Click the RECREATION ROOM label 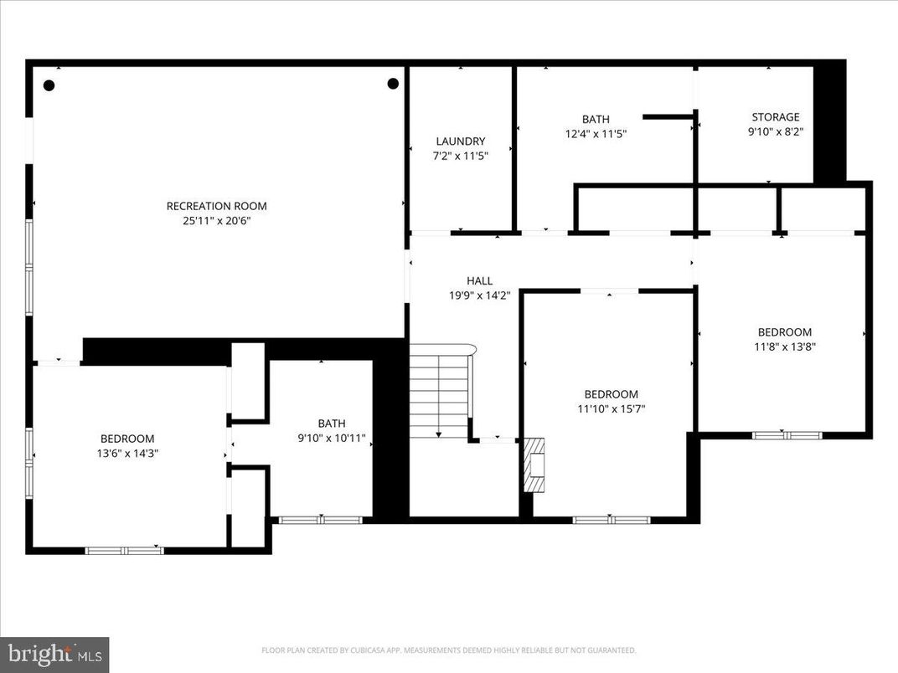[216, 206]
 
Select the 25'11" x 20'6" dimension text [216, 221]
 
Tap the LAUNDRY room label [460, 141]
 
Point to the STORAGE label [775, 117]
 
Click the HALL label [479, 280]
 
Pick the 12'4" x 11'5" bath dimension [596, 133]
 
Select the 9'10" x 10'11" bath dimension [331, 438]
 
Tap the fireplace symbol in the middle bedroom [533, 465]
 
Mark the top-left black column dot [49, 85]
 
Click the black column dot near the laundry [393, 83]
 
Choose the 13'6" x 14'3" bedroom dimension [127, 453]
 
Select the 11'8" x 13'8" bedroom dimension [784, 347]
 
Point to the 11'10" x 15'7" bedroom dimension [611, 408]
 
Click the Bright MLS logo [54, 654]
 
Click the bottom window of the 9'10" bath [319, 520]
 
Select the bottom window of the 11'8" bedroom [787, 434]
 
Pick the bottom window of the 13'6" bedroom [124, 550]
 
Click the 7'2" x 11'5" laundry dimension [460, 156]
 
